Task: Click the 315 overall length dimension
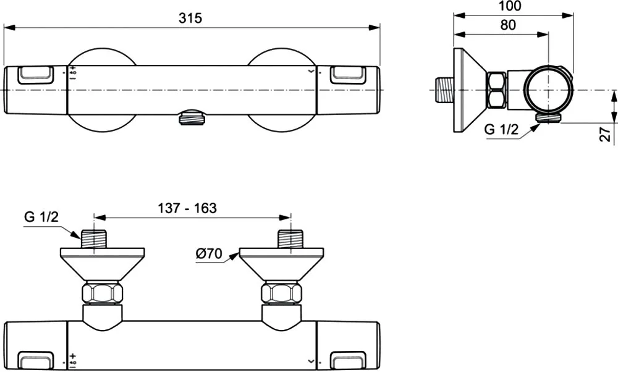point(190,18)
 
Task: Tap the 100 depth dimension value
point(510,6)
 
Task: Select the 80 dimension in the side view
point(507,25)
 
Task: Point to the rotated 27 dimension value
point(606,133)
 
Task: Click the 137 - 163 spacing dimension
point(187,208)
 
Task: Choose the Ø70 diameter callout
point(209,253)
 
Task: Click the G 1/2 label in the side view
point(501,129)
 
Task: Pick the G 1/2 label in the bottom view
point(41,216)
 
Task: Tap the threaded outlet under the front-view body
point(192,118)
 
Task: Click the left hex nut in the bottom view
point(102,293)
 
